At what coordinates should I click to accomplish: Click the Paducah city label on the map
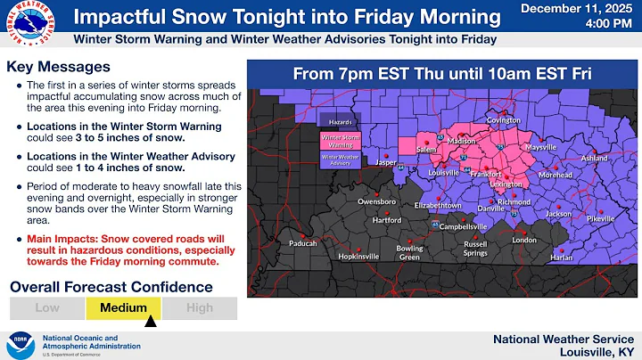click(303, 243)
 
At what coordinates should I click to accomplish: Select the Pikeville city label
click(600, 218)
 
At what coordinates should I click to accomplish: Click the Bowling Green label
click(410, 252)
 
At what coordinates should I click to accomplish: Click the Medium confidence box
click(123, 307)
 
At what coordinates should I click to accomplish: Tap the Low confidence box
click(47, 307)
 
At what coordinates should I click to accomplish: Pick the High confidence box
click(199, 307)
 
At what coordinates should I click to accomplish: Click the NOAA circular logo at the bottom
click(21, 344)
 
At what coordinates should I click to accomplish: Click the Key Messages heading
click(58, 68)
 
